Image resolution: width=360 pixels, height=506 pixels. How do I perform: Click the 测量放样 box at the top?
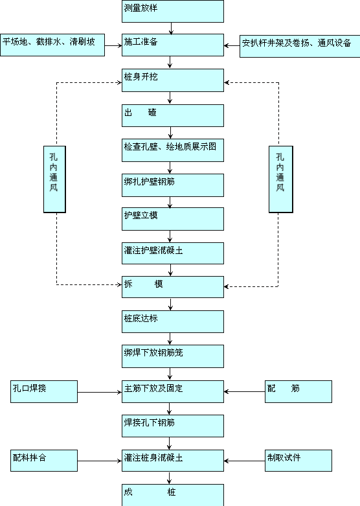tap(173, 11)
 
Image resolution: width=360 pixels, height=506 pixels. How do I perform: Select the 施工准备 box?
tap(173, 45)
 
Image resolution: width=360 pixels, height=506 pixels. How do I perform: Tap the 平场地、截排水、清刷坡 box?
tap(52, 45)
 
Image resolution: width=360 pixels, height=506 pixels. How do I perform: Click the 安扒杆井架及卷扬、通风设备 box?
tap(300, 47)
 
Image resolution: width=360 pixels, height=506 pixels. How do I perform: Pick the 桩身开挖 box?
tap(173, 80)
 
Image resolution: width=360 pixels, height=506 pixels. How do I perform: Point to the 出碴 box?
tap(173, 115)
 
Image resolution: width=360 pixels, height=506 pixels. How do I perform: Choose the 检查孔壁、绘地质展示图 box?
tap(173, 150)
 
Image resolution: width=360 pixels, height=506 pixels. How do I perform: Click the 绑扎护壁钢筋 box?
tap(173, 185)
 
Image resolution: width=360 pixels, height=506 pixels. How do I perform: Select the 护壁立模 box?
tap(173, 219)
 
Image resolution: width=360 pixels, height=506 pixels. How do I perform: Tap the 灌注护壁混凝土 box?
tap(173, 253)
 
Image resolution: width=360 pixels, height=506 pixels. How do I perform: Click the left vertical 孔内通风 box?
tap(54, 179)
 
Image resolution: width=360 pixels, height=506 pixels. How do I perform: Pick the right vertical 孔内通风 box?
tap(281, 179)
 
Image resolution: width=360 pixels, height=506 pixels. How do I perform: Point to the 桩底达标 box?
tap(173, 322)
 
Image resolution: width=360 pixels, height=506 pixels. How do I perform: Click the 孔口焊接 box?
tap(44, 391)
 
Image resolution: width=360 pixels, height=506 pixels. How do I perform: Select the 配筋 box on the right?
tap(298, 391)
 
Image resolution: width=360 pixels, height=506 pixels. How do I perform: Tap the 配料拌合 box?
tap(44, 461)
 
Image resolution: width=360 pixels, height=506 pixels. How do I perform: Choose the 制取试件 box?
tap(298, 461)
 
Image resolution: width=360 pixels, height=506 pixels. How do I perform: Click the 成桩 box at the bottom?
tap(173, 495)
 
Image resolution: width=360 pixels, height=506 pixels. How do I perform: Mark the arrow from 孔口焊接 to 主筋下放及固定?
tap(100, 393)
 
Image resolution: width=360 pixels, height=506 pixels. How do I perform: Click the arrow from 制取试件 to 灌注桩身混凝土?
tap(245, 461)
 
